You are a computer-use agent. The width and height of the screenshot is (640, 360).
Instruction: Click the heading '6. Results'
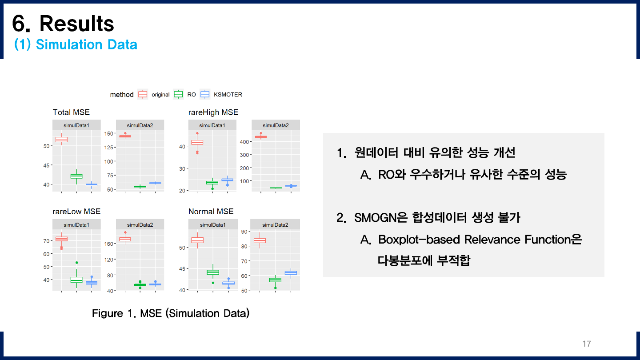pyautogui.click(x=63, y=23)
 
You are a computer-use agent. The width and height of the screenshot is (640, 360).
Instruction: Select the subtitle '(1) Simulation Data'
pyautogui.click(x=76, y=44)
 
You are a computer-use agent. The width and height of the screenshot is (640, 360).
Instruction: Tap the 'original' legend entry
pyautogui.click(x=160, y=95)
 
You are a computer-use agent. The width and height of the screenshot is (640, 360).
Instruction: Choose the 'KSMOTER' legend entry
pyautogui.click(x=228, y=95)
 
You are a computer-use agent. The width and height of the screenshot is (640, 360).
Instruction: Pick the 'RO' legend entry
pyautogui.click(x=191, y=95)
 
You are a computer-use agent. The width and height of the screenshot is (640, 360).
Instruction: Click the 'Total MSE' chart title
pyautogui.click(x=71, y=112)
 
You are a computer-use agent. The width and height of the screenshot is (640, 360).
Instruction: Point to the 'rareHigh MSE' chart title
pyautogui.click(x=213, y=112)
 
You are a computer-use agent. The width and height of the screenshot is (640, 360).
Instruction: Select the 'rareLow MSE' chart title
pyautogui.click(x=76, y=211)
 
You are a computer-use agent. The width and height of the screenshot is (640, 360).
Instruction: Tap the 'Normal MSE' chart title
pyautogui.click(x=211, y=211)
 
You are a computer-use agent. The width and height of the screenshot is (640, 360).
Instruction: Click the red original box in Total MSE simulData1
pyautogui.click(x=61, y=140)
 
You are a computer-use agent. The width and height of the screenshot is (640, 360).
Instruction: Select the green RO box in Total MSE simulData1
pyautogui.click(x=76, y=176)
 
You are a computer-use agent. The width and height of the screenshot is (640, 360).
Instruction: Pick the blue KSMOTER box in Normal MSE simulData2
pyautogui.click(x=291, y=272)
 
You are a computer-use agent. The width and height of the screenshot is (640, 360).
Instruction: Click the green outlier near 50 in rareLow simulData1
pyautogui.click(x=76, y=263)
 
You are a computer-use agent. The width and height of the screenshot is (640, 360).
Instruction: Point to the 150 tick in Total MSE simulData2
pyautogui.click(x=108, y=133)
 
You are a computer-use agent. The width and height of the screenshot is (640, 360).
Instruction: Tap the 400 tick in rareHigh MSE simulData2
pyautogui.click(x=244, y=142)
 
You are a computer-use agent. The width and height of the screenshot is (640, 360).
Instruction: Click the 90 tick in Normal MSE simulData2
pyautogui.click(x=244, y=232)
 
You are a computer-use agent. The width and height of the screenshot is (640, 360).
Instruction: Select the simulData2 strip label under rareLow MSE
pyautogui.click(x=140, y=224)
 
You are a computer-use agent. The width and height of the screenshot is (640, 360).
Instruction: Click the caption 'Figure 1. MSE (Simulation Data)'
pyautogui.click(x=171, y=313)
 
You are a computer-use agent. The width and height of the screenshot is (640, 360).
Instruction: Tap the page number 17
pyautogui.click(x=586, y=344)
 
